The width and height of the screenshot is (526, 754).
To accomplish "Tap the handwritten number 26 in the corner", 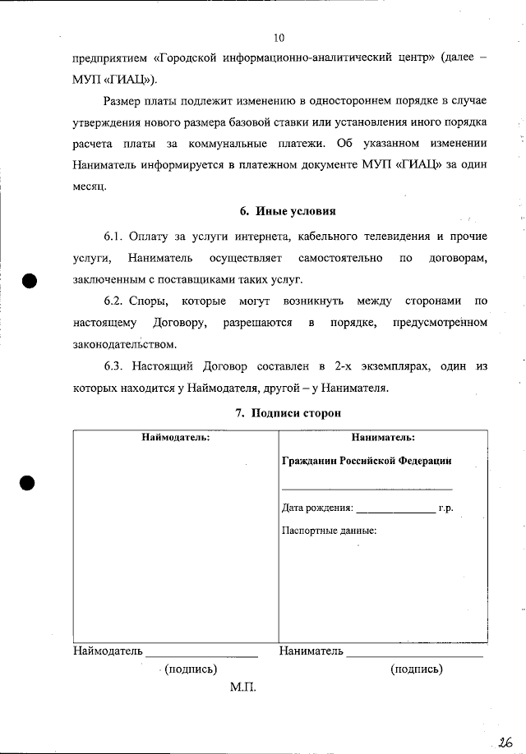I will click(504, 741).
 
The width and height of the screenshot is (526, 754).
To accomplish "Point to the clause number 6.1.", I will click(118, 237).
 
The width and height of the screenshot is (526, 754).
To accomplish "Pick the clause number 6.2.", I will click(118, 301).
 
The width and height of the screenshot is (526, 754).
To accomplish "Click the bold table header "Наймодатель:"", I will click(175, 438).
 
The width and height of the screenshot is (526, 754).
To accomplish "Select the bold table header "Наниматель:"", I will click(382, 438).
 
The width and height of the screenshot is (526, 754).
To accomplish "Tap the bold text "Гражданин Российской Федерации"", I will click(367, 461).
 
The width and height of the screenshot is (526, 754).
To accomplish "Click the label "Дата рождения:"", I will click(317, 508).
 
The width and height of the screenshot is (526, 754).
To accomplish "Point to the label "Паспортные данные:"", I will click(329, 530).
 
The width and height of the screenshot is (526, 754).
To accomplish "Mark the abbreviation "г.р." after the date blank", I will click(445, 508).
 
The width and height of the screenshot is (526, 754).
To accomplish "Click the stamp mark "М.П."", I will click(243, 687).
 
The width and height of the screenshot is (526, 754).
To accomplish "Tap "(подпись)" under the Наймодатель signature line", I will click(191, 669).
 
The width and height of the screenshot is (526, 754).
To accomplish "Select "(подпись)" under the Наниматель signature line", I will click(416, 669).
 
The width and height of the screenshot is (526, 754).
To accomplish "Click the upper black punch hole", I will click(30, 279).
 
